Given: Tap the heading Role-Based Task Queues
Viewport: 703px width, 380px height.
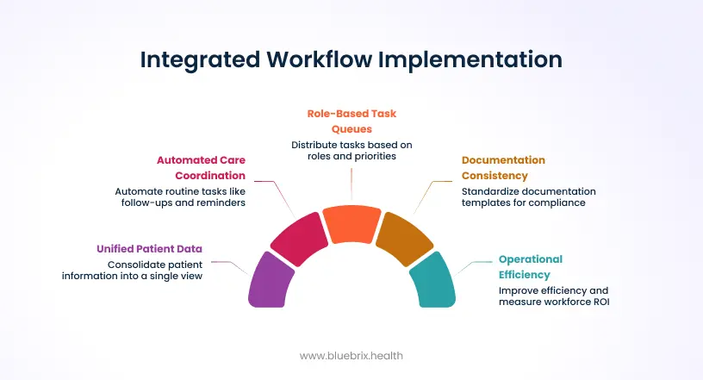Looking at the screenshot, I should pyautogui.click(x=351, y=120).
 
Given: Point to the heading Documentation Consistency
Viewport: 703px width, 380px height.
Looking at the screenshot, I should pyautogui.click(x=503, y=167).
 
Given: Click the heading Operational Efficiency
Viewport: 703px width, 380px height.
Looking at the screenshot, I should pyautogui.click(x=531, y=266).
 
